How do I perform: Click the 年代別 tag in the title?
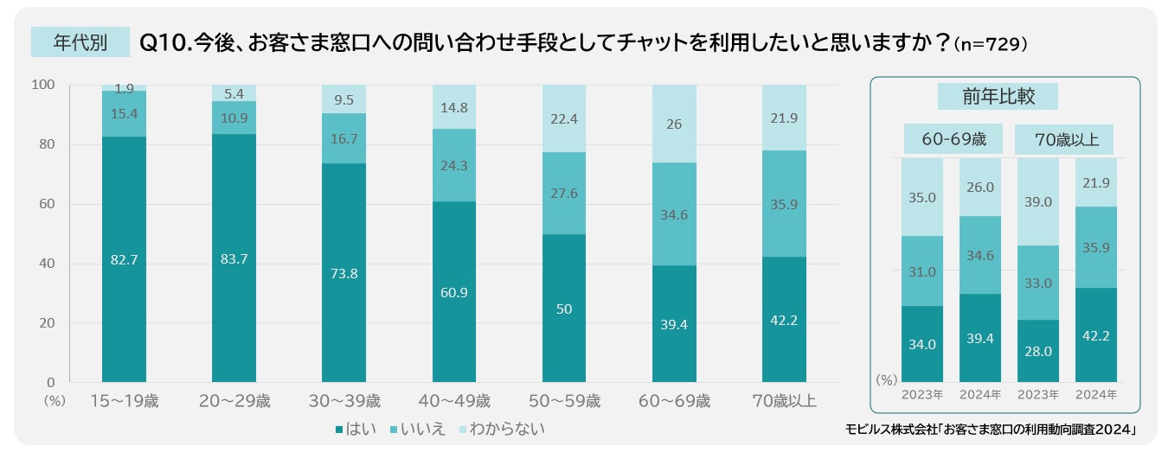click(x=79, y=42)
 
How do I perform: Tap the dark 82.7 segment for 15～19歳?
click(x=124, y=258)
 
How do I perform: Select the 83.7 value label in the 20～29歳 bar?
click(x=234, y=258)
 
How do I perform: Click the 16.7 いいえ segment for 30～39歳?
click(x=343, y=138)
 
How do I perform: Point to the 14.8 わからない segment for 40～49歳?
click(x=453, y=107)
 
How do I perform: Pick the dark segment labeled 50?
click(x=563, y=308)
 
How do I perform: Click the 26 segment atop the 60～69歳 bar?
click(x=673, y=124)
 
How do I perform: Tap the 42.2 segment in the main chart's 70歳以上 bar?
click(x=783, y=320)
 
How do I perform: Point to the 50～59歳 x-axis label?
click(x=563, y=401)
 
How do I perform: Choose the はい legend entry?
click(x=356, y=429)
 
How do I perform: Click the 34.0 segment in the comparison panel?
click(x=922, y=344)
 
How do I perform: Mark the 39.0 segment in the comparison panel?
click(x=1038, y=201)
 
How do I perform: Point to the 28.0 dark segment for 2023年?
click(x=1038, y=351)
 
